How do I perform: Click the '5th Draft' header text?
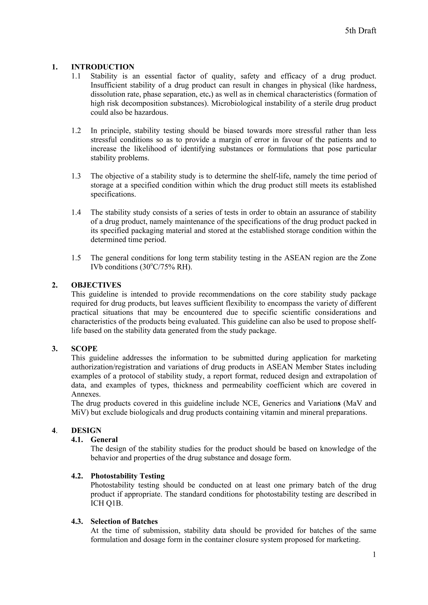click(x=360, y=31)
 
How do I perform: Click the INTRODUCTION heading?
click(x=103, y=67)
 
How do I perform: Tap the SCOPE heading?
click(x=84, y=349)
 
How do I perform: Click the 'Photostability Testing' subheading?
click(x=128, y=476)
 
